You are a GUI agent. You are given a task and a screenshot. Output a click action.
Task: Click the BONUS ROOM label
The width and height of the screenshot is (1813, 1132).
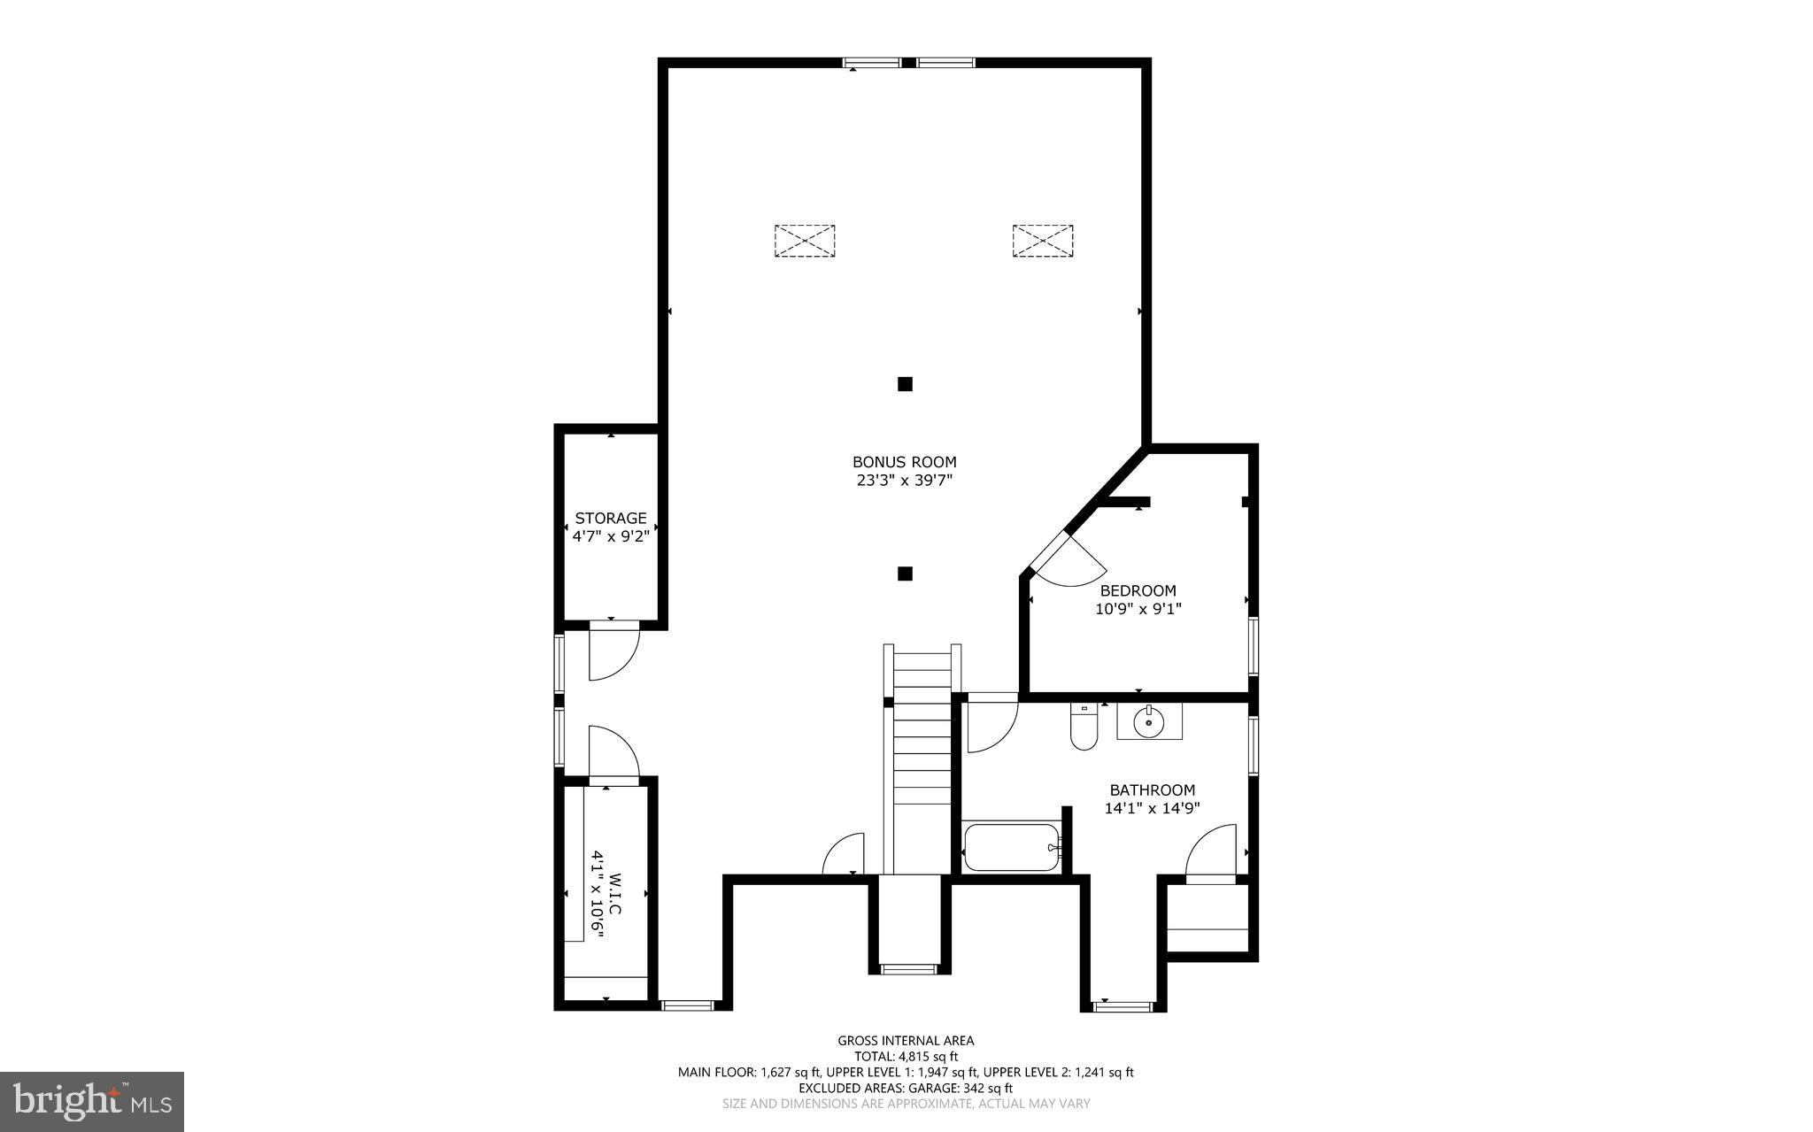pos(904,462)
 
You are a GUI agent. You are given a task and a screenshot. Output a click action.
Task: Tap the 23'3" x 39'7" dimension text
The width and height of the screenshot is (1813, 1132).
pos(904,481)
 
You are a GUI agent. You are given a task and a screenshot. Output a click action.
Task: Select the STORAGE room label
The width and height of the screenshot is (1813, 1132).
pos(611,518)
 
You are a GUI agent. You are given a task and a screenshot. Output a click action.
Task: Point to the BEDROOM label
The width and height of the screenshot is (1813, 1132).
pos(1138,590)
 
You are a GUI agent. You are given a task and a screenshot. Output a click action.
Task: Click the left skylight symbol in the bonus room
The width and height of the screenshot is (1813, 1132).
pos(805,241)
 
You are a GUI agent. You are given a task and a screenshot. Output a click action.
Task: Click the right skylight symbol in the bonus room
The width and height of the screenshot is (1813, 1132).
pos(1043,241)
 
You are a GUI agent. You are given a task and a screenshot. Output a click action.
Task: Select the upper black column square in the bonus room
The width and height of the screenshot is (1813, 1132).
pos(905,384)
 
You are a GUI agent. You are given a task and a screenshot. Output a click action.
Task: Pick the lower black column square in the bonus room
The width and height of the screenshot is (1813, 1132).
pos(905,574)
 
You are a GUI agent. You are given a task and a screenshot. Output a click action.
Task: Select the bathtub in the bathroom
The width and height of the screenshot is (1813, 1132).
pos(1010,847)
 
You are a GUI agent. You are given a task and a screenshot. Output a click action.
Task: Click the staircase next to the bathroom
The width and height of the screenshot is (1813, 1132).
pos(922,761)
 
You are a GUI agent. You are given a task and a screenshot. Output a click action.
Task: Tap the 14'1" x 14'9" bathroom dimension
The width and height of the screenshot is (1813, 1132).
pos(1152,808)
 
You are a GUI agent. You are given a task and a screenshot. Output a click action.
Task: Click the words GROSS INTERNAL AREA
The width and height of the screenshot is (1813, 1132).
pos(906,1041)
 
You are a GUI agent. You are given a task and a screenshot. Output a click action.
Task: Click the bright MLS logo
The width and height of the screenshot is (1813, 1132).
pos(92,1101)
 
